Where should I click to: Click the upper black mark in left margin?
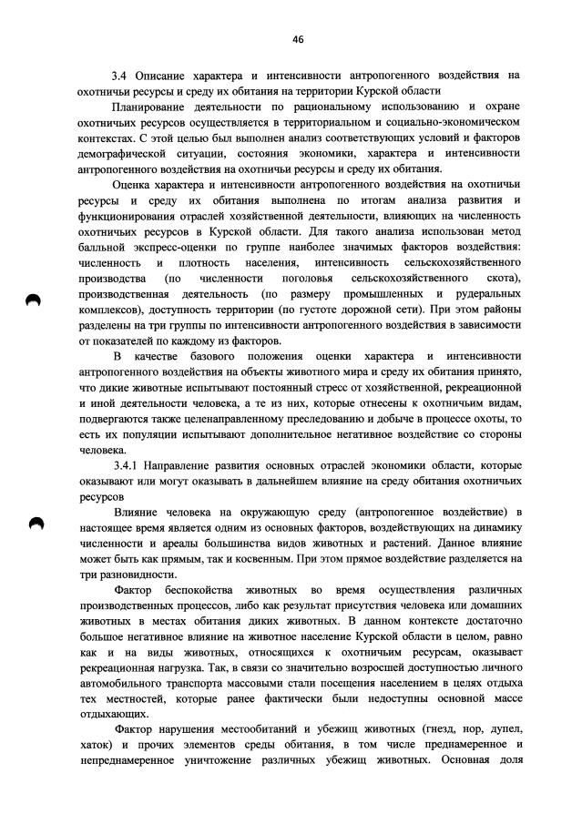coord(35,302)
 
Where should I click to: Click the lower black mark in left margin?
coord(35,523)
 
